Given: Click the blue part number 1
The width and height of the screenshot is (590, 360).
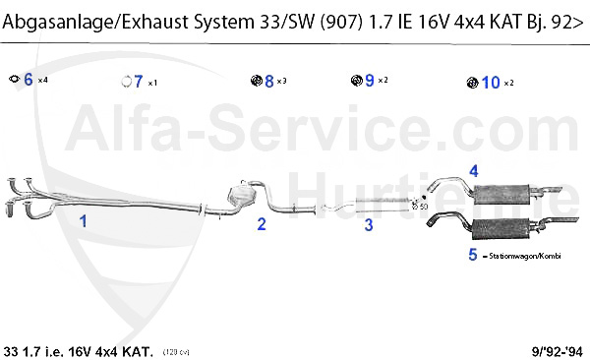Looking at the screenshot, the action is tap(84, 221).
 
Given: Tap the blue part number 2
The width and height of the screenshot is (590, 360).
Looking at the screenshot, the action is tap(262, 224).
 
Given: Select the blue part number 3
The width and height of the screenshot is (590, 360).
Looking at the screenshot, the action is tap(369, 225).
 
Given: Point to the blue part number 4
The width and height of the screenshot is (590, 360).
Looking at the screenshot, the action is tap(474, 171).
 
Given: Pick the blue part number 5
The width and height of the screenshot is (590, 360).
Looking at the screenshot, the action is tap(473, 255).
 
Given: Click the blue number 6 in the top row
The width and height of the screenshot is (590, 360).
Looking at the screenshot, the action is tap(28, 80).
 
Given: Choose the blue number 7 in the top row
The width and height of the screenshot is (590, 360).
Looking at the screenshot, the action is tap(139, 82).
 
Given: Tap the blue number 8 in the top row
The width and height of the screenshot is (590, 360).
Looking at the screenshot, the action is tap(268, 81).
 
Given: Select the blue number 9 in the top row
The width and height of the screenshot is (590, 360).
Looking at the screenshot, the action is tap(370, 81).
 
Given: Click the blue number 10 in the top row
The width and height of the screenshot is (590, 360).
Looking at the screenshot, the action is tap(491, 82).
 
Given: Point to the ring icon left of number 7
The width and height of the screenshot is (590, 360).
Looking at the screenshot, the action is tap(125, 82).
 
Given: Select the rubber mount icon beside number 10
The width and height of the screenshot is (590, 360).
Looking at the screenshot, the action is tap(471, 82).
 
